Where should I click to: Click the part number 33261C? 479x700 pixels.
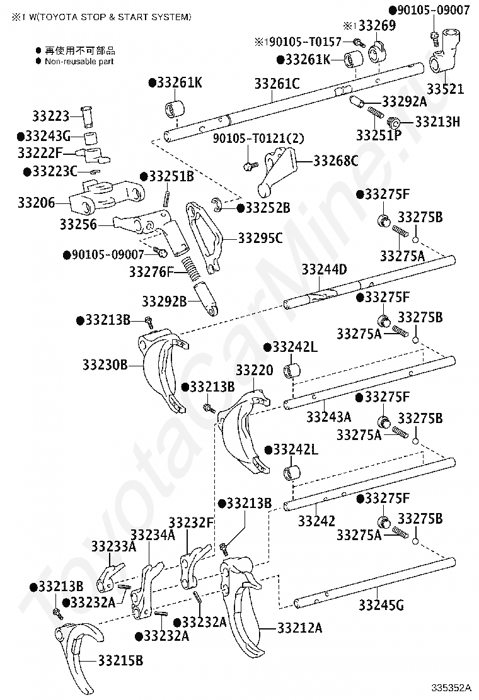[x=277, y=83]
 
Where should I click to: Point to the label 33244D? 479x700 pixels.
[x=324, y=270]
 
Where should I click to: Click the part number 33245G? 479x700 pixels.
[x=381, y=606]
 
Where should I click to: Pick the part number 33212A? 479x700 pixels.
[x=299, y=628]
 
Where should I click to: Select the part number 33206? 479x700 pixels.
[x=36, y=203]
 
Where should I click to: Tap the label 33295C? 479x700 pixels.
[x=260, y=238]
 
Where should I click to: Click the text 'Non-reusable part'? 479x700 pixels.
[x=79, y=62]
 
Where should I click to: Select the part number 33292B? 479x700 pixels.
[x=164, y=302]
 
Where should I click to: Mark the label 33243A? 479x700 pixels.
[x=329, y=416]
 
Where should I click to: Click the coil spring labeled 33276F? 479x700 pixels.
[x=190, y=268]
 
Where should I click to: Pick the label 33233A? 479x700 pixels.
[x=113, y=546]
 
